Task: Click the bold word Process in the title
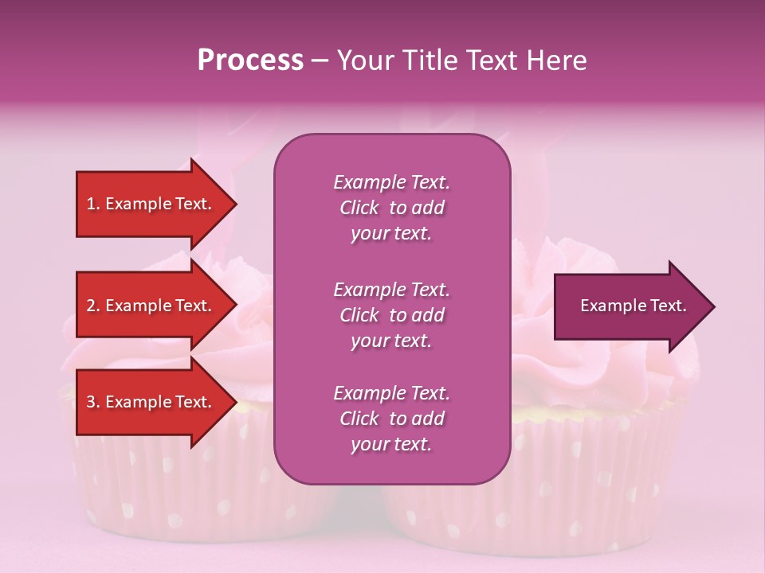pos(250,60)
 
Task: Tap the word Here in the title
pos(555,60)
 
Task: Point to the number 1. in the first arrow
pos(93,205)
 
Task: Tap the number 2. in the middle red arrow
pos(93,306)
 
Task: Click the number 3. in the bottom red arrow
pos(93,403)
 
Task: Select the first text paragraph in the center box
pos(391,208)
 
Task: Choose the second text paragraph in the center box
pos(391,315)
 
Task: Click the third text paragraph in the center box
pos(391,419)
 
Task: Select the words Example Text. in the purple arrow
pos(633,306)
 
